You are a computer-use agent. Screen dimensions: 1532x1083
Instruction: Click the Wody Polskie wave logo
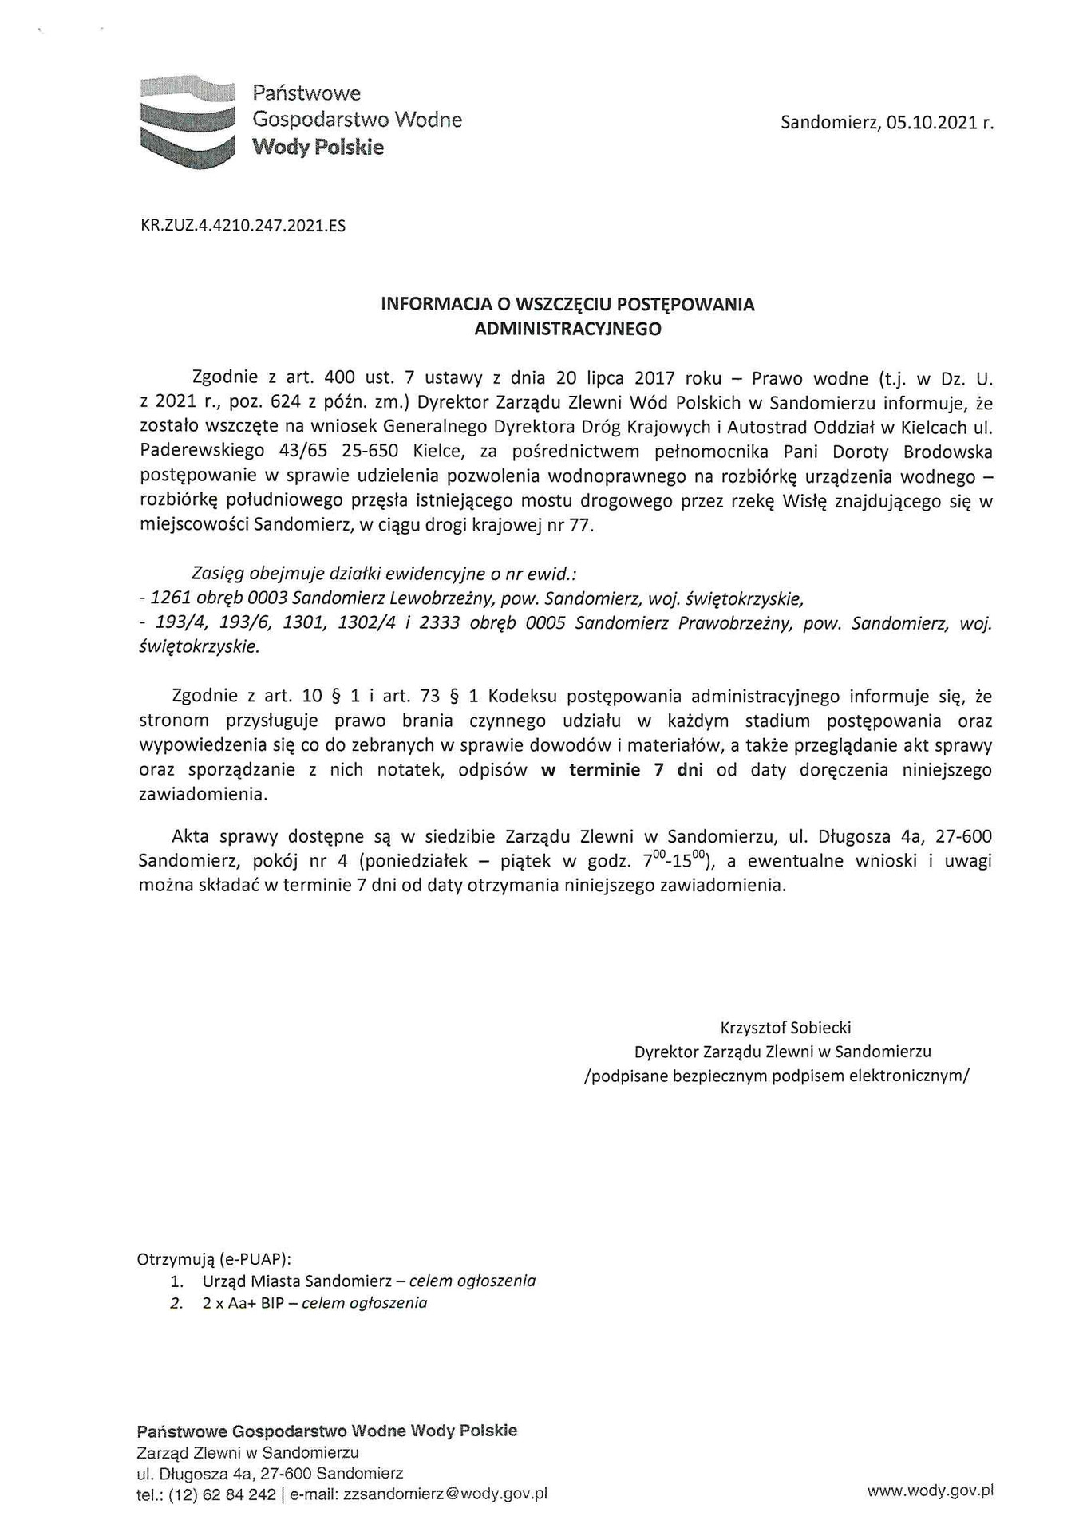(x=188, y=121)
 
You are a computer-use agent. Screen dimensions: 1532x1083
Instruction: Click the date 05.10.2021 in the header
(x=931, y=123)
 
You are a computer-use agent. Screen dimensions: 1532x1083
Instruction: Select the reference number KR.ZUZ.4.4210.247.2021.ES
(x=243, y=226)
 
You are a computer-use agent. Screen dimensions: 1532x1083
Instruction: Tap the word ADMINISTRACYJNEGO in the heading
(x=567, y=329)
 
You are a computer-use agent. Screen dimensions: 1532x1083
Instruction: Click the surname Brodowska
(x=947, y=452)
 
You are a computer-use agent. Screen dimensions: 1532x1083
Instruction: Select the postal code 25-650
(x=370, y=452)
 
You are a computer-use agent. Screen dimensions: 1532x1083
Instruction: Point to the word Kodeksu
(x=521, y=696)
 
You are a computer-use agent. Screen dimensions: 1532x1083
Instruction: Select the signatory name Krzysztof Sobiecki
(x=785, y=1027)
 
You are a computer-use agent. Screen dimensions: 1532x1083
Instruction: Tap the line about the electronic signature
(x=777, y=1076)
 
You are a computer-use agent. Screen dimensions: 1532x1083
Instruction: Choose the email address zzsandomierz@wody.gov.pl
(x=445, y=1494)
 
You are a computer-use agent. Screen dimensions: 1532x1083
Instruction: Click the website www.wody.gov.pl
(x=930, y=1490)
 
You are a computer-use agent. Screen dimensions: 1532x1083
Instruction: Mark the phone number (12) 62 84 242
(x=222, y=1494)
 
